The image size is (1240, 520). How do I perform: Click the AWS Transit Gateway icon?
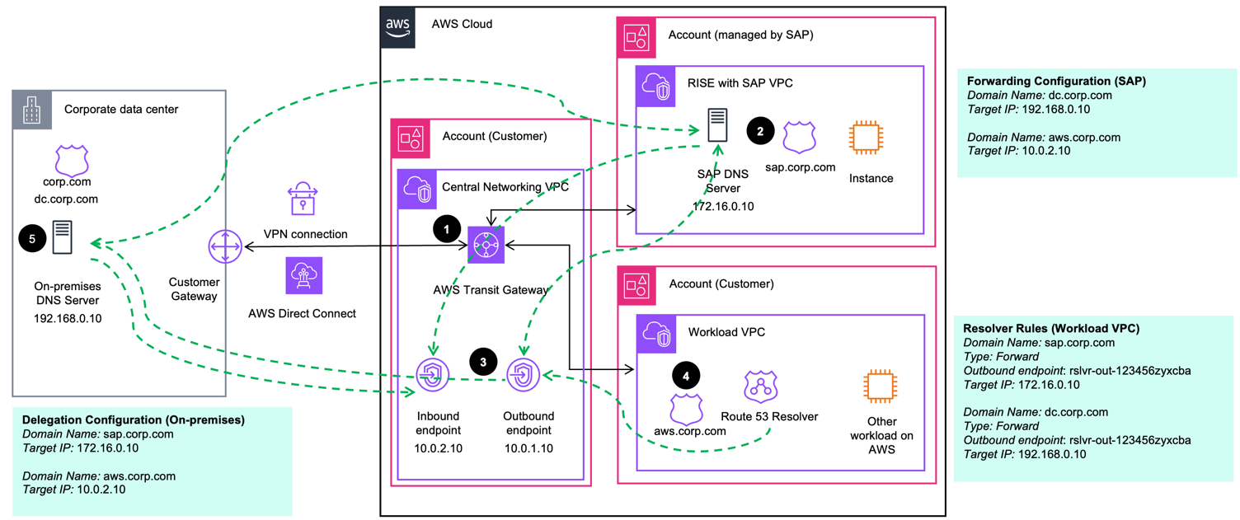[x=486, y=246]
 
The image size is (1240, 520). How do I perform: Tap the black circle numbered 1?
[x=447, y=230]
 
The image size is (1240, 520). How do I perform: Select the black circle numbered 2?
[x=760, y=130]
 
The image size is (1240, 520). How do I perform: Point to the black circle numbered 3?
[x=483, y=361]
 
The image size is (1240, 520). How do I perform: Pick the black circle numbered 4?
[x=686, y=376]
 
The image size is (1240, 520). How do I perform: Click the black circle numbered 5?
[x=32, y=238]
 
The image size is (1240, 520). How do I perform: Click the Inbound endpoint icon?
[x=432, y=376]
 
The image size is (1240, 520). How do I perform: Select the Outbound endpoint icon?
[x=523, y=376]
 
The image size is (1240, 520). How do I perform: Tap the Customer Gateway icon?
[x=224, y=246]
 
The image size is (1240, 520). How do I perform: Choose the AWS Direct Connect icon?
[x=303, y=275]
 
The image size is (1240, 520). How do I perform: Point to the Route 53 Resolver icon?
[x=761, y=386]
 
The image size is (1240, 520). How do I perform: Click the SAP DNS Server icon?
[x=717, y=124]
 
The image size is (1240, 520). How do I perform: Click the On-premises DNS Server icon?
[x=62, y=237]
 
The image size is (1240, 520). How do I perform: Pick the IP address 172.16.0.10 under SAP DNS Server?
[x=723, y=206]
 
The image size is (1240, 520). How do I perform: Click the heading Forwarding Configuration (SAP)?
[x=1056, y=82]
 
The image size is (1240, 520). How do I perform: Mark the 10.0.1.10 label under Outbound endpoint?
[x=528, y=449]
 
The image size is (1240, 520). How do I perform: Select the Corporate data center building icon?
[x=32, y=110]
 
